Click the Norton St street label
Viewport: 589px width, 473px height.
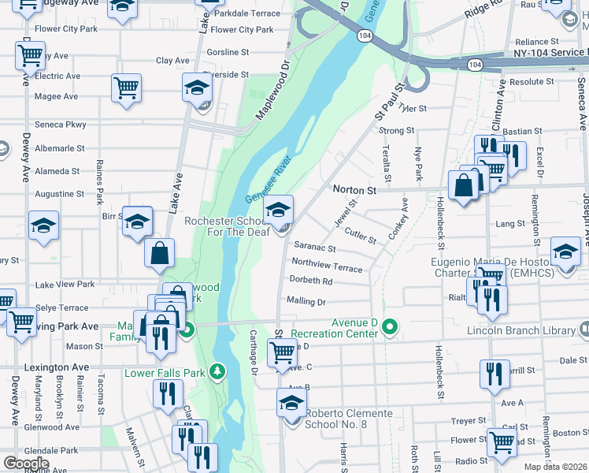(355, 189)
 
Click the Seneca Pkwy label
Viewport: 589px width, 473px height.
(61, 125)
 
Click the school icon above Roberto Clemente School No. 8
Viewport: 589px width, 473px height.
(291, 403)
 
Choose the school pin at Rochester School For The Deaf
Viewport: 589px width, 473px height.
(277, 210)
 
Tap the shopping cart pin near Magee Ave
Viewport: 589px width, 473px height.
(126, 88)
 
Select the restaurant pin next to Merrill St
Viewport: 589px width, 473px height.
(495, 373)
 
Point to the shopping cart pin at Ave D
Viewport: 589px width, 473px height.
(282, 354)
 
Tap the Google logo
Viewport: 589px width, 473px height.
(26, 464)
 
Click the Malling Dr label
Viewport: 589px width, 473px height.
(306, 301)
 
